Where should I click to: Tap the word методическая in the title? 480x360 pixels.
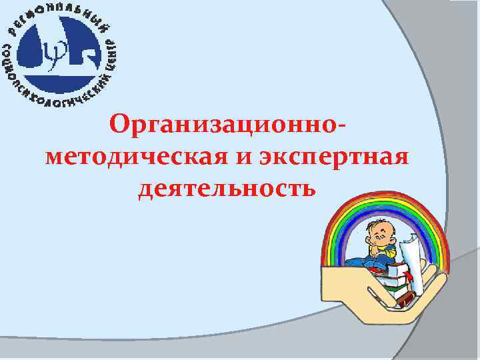[137, 159]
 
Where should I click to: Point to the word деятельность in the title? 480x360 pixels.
[227, 189]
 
